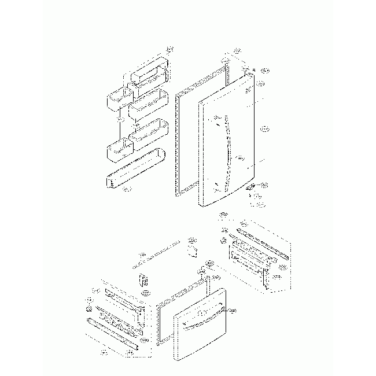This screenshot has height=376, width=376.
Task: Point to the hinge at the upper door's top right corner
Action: pos(248,73)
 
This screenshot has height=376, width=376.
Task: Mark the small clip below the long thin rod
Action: pos(143,281)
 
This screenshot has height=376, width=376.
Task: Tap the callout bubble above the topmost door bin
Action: pos(169,48)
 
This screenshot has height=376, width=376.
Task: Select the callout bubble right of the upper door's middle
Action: pos(264,128)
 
